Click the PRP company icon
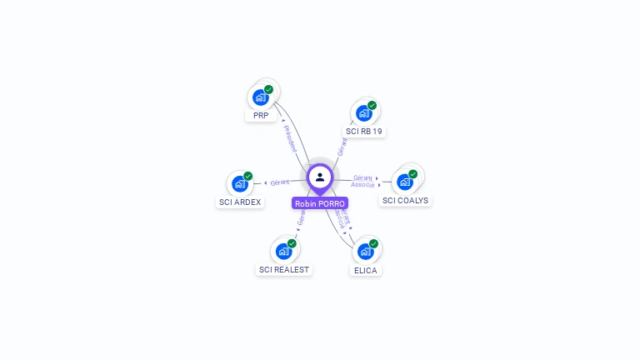(261, 97)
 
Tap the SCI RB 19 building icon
(363, 112)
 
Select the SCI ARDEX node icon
(240, 183)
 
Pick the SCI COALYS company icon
(405, 181)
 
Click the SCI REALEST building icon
(283, 251)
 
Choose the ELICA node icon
(365, 251)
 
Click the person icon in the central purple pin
(320, 177)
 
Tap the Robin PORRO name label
(320, 203)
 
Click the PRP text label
(261, 116)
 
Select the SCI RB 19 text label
(364, 132)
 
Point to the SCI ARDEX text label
(240, 202)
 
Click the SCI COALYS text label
(405, 200)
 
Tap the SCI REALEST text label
(284, 269)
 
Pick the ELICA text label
(365, 270)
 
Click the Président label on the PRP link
(289, 138)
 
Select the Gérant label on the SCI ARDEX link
(280, 182)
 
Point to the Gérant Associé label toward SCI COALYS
(362, 181)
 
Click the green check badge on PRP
(268, 89)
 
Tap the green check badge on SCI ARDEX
(247, 176)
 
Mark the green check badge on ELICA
(373, 243)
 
